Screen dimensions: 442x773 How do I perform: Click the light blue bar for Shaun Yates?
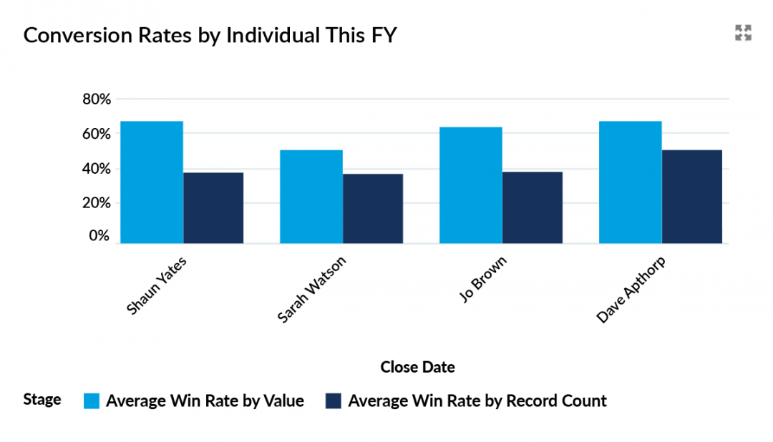[x=152, y=182]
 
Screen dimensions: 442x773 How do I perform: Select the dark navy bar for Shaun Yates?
[x=213, y=207]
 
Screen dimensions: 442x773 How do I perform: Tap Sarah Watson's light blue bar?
[x=311, y=197]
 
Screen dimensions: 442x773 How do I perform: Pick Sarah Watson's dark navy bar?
[x=373, y=208]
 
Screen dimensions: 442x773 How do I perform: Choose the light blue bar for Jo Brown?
[x=471, y=185]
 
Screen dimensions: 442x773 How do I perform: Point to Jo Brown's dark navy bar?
[x=533, y=207]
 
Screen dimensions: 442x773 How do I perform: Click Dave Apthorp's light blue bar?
[x=631, y=182]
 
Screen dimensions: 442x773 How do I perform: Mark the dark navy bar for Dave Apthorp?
[x=692, y=197]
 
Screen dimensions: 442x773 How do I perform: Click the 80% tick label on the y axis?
[x=96, y=99]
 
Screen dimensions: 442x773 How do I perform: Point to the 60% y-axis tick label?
[x=96, y=134]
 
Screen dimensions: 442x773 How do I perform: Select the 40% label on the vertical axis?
[x=96, y=169]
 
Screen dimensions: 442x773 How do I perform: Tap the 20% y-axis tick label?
[x=96, y=203]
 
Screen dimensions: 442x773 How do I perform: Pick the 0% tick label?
[x=99, y=236]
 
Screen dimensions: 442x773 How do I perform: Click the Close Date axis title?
[x=417, y=368]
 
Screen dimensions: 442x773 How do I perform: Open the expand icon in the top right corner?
[x=743, y=33]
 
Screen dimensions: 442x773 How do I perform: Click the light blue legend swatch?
[x=92, y=401]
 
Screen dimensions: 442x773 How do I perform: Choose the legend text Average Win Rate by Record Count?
[x=477, y=401]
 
